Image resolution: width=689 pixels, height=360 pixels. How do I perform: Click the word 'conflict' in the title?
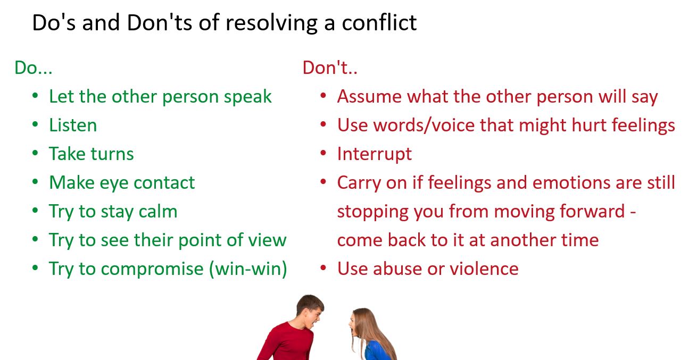(379, 22)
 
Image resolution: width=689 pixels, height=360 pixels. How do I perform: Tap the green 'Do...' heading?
(34, 68)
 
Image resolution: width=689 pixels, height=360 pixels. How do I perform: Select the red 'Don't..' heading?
(330, 68)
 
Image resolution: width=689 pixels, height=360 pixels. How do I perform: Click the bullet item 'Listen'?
(73, 125)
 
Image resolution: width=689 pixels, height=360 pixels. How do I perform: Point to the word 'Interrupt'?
(375, 154)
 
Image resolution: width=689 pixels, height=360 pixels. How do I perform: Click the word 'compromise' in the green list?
(152, 269)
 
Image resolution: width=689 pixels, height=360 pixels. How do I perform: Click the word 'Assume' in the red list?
(369, 97)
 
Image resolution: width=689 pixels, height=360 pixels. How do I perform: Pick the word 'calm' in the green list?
(158, 211)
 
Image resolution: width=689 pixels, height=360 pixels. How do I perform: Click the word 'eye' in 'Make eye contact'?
(114, 183)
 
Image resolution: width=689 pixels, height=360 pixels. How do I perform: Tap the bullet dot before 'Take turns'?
(35, 153)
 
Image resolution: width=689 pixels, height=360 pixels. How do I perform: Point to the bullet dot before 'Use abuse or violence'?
(323, 268)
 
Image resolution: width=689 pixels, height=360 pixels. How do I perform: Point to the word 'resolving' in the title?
(271, 23)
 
